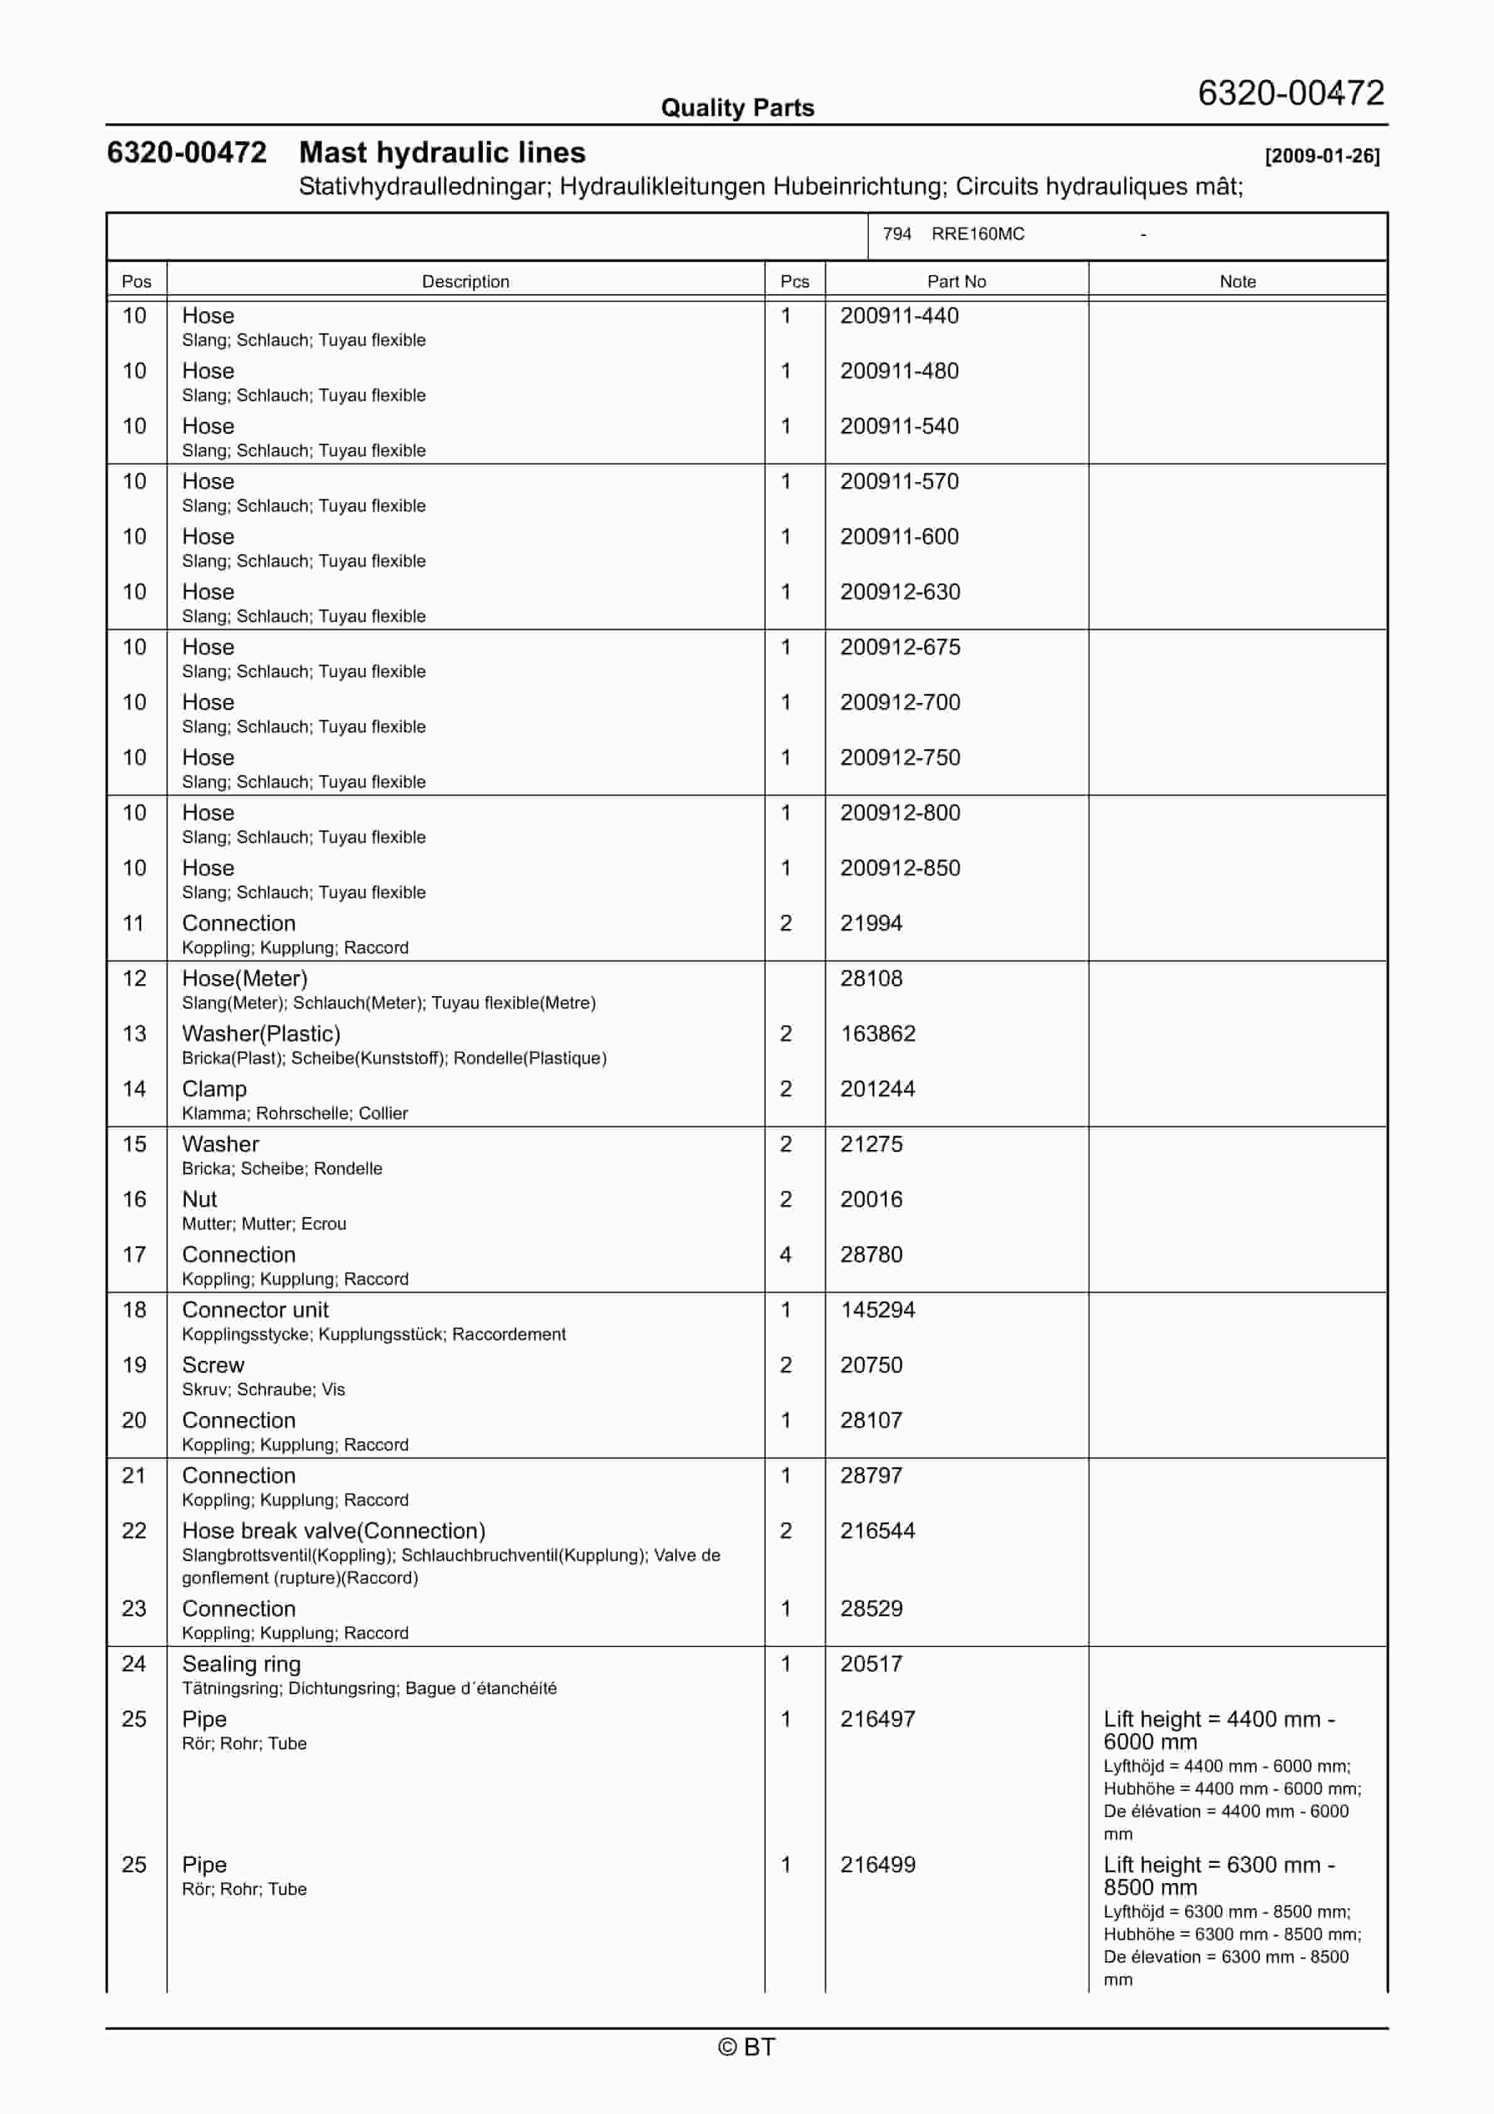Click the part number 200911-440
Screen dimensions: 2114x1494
(898, 316)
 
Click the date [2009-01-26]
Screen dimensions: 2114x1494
(1322, 156)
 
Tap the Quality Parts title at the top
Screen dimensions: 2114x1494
(737, 108)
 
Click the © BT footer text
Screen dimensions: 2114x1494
(746, 2047)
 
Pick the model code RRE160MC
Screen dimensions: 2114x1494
(977, 234)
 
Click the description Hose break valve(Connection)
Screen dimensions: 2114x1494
(333, 1531)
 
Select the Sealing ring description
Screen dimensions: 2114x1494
(241, 1664)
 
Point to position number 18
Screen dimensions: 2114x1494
(134, 1310)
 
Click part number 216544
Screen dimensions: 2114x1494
(877, 1531)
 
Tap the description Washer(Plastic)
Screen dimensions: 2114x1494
(261, 1034)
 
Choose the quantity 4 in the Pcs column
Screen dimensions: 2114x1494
(786, 1255)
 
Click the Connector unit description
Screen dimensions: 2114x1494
(255, 1310)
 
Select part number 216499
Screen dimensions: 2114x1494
(877, 1864)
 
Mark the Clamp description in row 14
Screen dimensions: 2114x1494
(215, 1089)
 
